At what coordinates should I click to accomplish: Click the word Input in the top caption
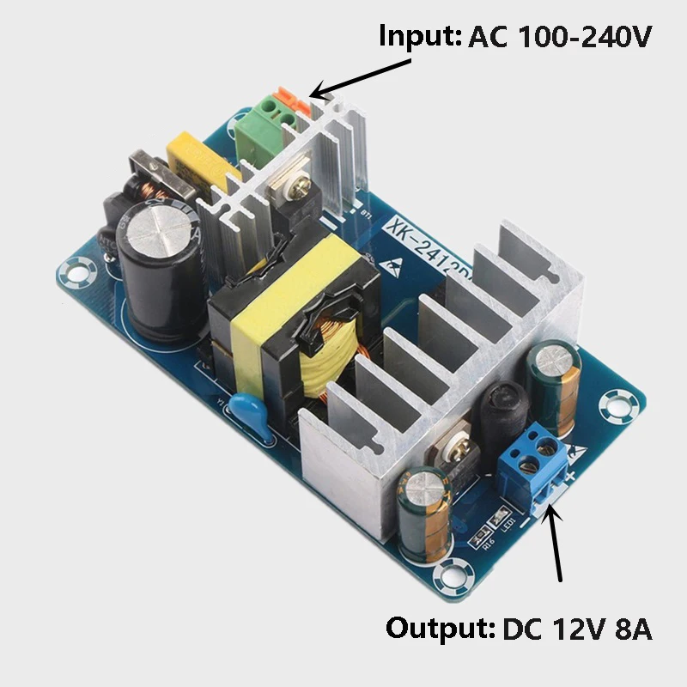(419, 37)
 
